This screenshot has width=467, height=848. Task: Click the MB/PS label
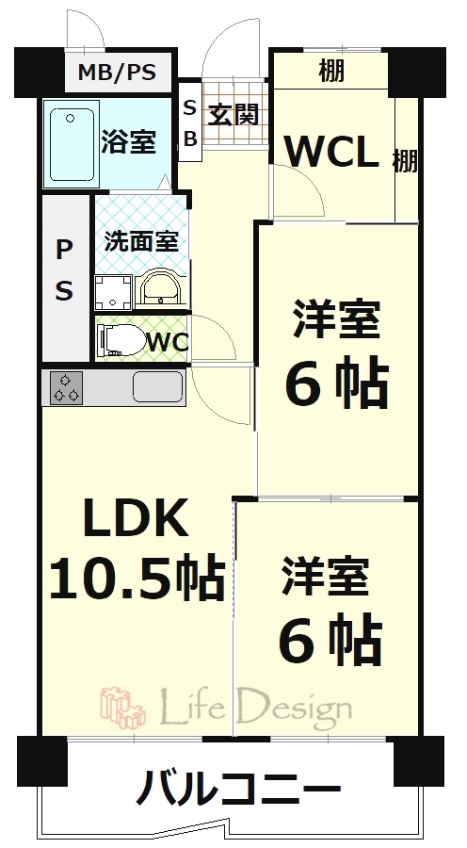pyautogui.click(x=117, y=72)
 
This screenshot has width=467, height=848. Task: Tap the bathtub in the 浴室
pyautogui.click(x=72, y=144)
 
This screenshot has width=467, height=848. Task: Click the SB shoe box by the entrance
pyautogui.click(x=190, y=122)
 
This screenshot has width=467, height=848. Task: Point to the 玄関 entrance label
pyautogui.click(x=233, y=114)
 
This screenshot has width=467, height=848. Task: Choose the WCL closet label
pyautogui.click(x=330, y=153)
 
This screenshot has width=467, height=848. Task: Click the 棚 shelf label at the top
pyautogui.click(x=331, y=71)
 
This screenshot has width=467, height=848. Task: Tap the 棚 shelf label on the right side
pyautogui.click(x=405, y=160)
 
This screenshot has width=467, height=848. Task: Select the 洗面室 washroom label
pyautogui.click(x=141, y=240)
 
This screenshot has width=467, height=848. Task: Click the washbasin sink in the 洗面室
pyautogui.click(x=160, y=291)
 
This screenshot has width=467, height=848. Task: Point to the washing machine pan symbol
pyautogui.click(x=113, y=293)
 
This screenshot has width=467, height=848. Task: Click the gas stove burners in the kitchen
pyautogui.click(x=67, y=388)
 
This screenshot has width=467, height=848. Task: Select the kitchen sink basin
pyautogui.click(x=157, y=386)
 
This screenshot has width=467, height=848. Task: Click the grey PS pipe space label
pyautogui.click(x=64, y=271)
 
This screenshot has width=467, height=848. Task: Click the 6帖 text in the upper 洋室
pyautogui.click(x=337, y=385)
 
